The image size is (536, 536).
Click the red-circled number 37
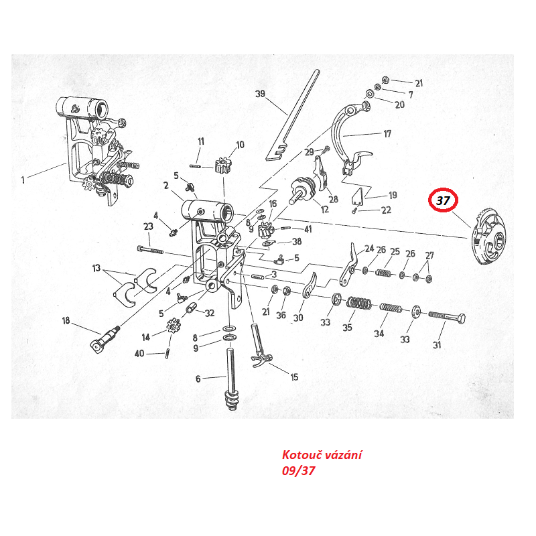click(x=443, y=200)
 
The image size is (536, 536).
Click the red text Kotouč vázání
click(x=322, y=456)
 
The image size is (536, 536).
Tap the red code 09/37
click(x=298, y=470)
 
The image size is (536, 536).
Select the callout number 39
click(x=261, y=93)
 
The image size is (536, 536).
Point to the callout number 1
click(x=23, y=179)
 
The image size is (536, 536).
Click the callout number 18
click(x=66, y=320)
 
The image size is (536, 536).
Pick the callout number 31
click(x=437, y=345)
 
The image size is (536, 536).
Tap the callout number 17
click(x=387, y=134)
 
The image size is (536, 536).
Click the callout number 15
click(x=293, y=377)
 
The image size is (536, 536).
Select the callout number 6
click(x=198, y=379)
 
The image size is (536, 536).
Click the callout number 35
click(x=347, y=328)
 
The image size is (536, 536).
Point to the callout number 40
click(x=139, y=353)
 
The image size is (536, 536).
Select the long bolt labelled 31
click(x=446, y=316)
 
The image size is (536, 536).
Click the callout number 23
click(x=148, y=226)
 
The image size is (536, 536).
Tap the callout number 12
click(x=325, y=210)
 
